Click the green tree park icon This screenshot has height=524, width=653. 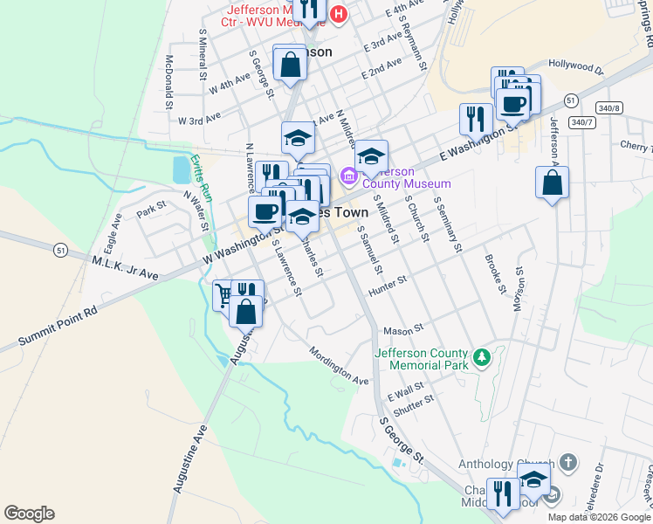[x=480, y=356]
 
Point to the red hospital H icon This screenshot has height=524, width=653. [x=339, y=13]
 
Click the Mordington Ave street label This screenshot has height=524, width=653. [x=338, y=367]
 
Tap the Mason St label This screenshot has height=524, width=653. [x=403, y=330]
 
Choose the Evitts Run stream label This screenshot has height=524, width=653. [x=202, y=178]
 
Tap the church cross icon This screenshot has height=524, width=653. [x=567, y=460]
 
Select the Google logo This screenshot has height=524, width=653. [x=29, y=514]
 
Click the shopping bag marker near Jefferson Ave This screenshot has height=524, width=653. [x=552, y=183]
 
